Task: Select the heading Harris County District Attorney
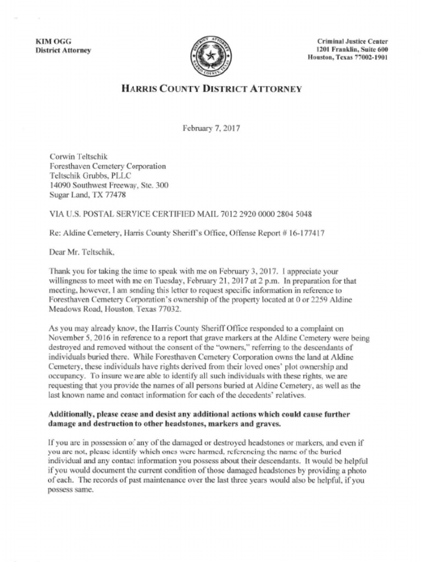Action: [211, 88]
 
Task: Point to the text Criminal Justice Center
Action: [352, 42]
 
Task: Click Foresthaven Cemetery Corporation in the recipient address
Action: [108, 166]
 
